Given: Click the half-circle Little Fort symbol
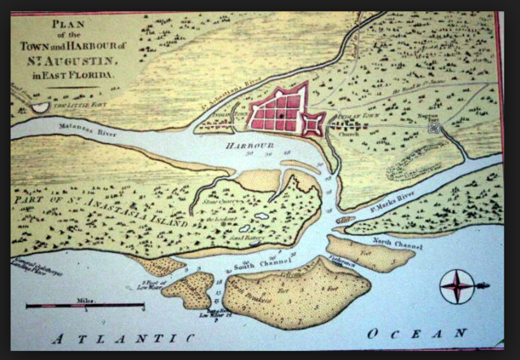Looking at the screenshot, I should coord(40,106).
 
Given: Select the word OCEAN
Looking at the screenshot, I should coord(416,333).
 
